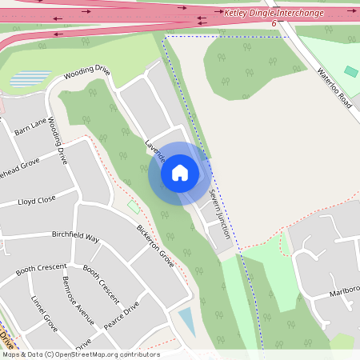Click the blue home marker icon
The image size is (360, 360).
click(x=180, y=173)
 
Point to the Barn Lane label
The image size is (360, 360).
click(x=32, y=126)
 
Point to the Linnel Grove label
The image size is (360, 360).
click(x=44, y=314)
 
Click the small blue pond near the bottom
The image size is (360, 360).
click(x=186, y=322)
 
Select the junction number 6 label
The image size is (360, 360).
click(x=274, y=23)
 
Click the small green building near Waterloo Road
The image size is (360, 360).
click(x=351, y=72)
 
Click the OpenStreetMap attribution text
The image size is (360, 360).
click(x=81, y=354)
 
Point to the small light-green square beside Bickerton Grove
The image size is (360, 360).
click(x=134, y=207)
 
